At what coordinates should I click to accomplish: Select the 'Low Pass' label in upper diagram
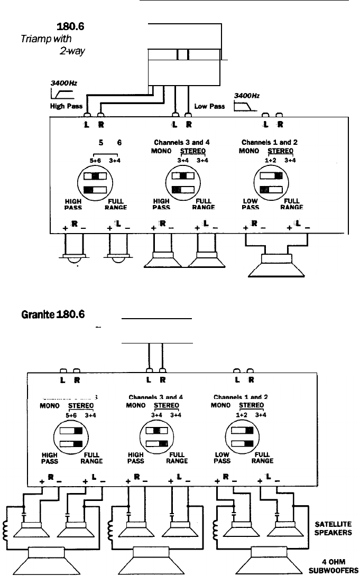coord(210,106)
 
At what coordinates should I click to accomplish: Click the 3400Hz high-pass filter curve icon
coord(62,94)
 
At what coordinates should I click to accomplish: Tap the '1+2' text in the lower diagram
coord(242,415)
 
